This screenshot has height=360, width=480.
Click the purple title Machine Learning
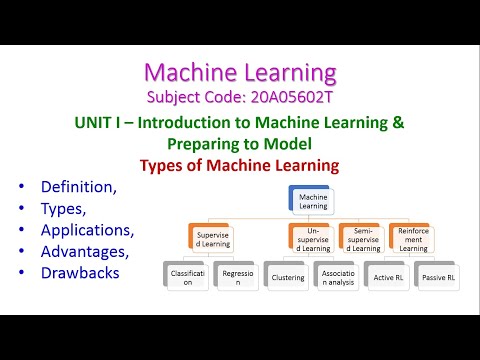(x=240, y=72)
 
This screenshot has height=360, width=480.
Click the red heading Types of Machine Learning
(x=240, y=164)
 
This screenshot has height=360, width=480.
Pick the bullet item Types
(x=65, y=208)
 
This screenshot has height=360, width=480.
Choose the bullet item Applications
(x=87, y=229)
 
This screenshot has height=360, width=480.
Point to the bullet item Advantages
(x=84, y=251)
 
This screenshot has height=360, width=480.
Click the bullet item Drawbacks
(x=81, y=272)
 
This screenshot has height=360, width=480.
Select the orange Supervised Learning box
(x=211, y=240)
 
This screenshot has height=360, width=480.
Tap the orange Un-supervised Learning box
(x=310, y=240)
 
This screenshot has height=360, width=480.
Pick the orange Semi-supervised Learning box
(x=359, y=240)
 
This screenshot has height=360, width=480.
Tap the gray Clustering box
(x=286, y=277)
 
